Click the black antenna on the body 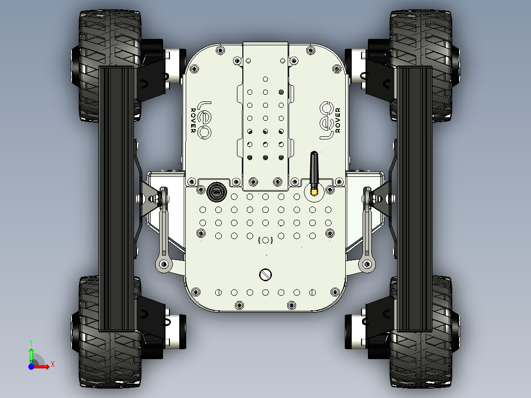313,167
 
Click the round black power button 216,191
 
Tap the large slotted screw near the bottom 265,274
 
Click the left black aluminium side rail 117,197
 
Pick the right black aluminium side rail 414,197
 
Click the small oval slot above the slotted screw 265,240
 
